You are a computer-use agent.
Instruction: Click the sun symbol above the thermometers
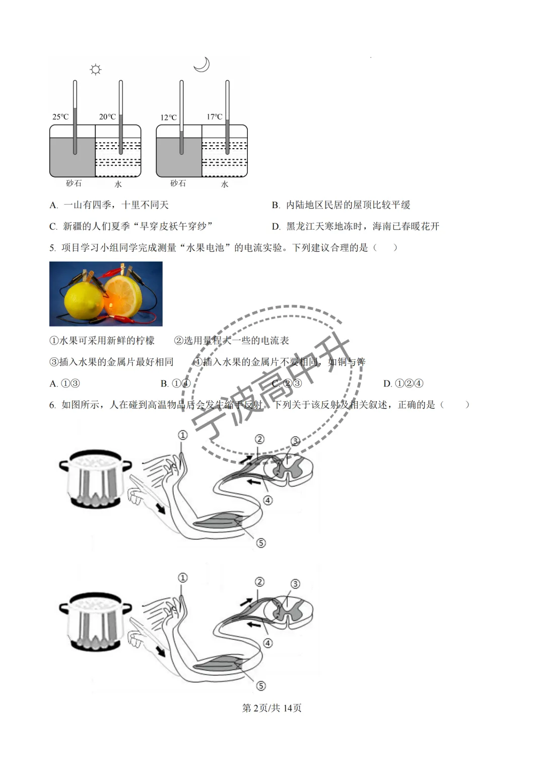point(95,69)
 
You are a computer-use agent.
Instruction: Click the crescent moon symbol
point(201,65)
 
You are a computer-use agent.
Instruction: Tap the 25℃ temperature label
point(60,117)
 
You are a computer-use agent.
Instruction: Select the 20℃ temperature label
point(107,117)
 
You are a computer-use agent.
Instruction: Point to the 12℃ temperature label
point(168,117)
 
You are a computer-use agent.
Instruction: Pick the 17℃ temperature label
point(215,117)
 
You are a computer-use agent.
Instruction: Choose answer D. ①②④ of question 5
point(403,383)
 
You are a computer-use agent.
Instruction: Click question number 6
point(52,405)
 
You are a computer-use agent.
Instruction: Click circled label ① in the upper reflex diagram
point(182,435)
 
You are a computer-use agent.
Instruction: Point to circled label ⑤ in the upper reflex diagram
point(261,543)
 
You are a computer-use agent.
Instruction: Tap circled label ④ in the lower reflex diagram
point(268,643)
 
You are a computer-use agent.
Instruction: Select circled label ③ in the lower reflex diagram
point(295,584)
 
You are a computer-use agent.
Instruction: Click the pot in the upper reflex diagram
point(95,479)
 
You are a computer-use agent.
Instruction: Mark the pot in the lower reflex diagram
point(95,622)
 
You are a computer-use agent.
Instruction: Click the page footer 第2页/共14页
point(272,708)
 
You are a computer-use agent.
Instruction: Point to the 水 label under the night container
point(225,184)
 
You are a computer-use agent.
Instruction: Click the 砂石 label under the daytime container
point(74,183)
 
